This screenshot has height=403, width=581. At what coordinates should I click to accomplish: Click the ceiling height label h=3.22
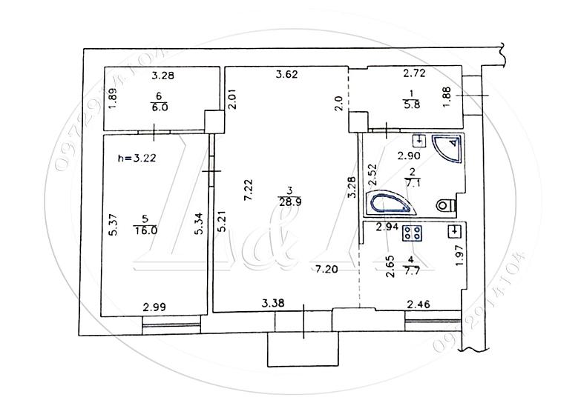coord(137,159)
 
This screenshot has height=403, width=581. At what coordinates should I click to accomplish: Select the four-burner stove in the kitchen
coord(413,233)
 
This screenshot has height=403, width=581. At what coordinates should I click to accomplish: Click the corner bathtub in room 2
coord(390,203)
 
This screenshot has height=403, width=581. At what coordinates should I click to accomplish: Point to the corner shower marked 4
coord(447,147)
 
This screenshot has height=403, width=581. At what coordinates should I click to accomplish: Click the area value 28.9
coord(290,202)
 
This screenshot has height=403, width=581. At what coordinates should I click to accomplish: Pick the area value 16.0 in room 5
coord(145,230)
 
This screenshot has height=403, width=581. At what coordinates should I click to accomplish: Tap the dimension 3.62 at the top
coord(287,74)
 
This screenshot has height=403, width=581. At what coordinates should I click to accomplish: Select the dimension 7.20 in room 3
coord(326,269)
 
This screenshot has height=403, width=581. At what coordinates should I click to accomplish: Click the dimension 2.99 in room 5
coord(154,307)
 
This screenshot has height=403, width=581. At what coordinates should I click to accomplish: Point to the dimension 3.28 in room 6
coord(163,76)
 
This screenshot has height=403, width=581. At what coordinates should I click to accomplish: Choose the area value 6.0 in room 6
coord(160,107)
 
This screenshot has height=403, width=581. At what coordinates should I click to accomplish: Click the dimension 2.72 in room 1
coord(414,73)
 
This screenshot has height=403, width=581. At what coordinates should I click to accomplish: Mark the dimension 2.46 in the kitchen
coord(418,304)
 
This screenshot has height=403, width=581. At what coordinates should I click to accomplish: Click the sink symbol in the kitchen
coord(454,231)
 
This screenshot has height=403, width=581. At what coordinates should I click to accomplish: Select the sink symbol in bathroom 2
coord(419,140)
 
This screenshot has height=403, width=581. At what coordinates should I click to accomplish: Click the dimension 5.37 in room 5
coord(114,224)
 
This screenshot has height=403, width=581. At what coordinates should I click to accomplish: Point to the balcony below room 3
coord(303,349)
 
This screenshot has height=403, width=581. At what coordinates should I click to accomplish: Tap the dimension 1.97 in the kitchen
coord(459,256)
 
